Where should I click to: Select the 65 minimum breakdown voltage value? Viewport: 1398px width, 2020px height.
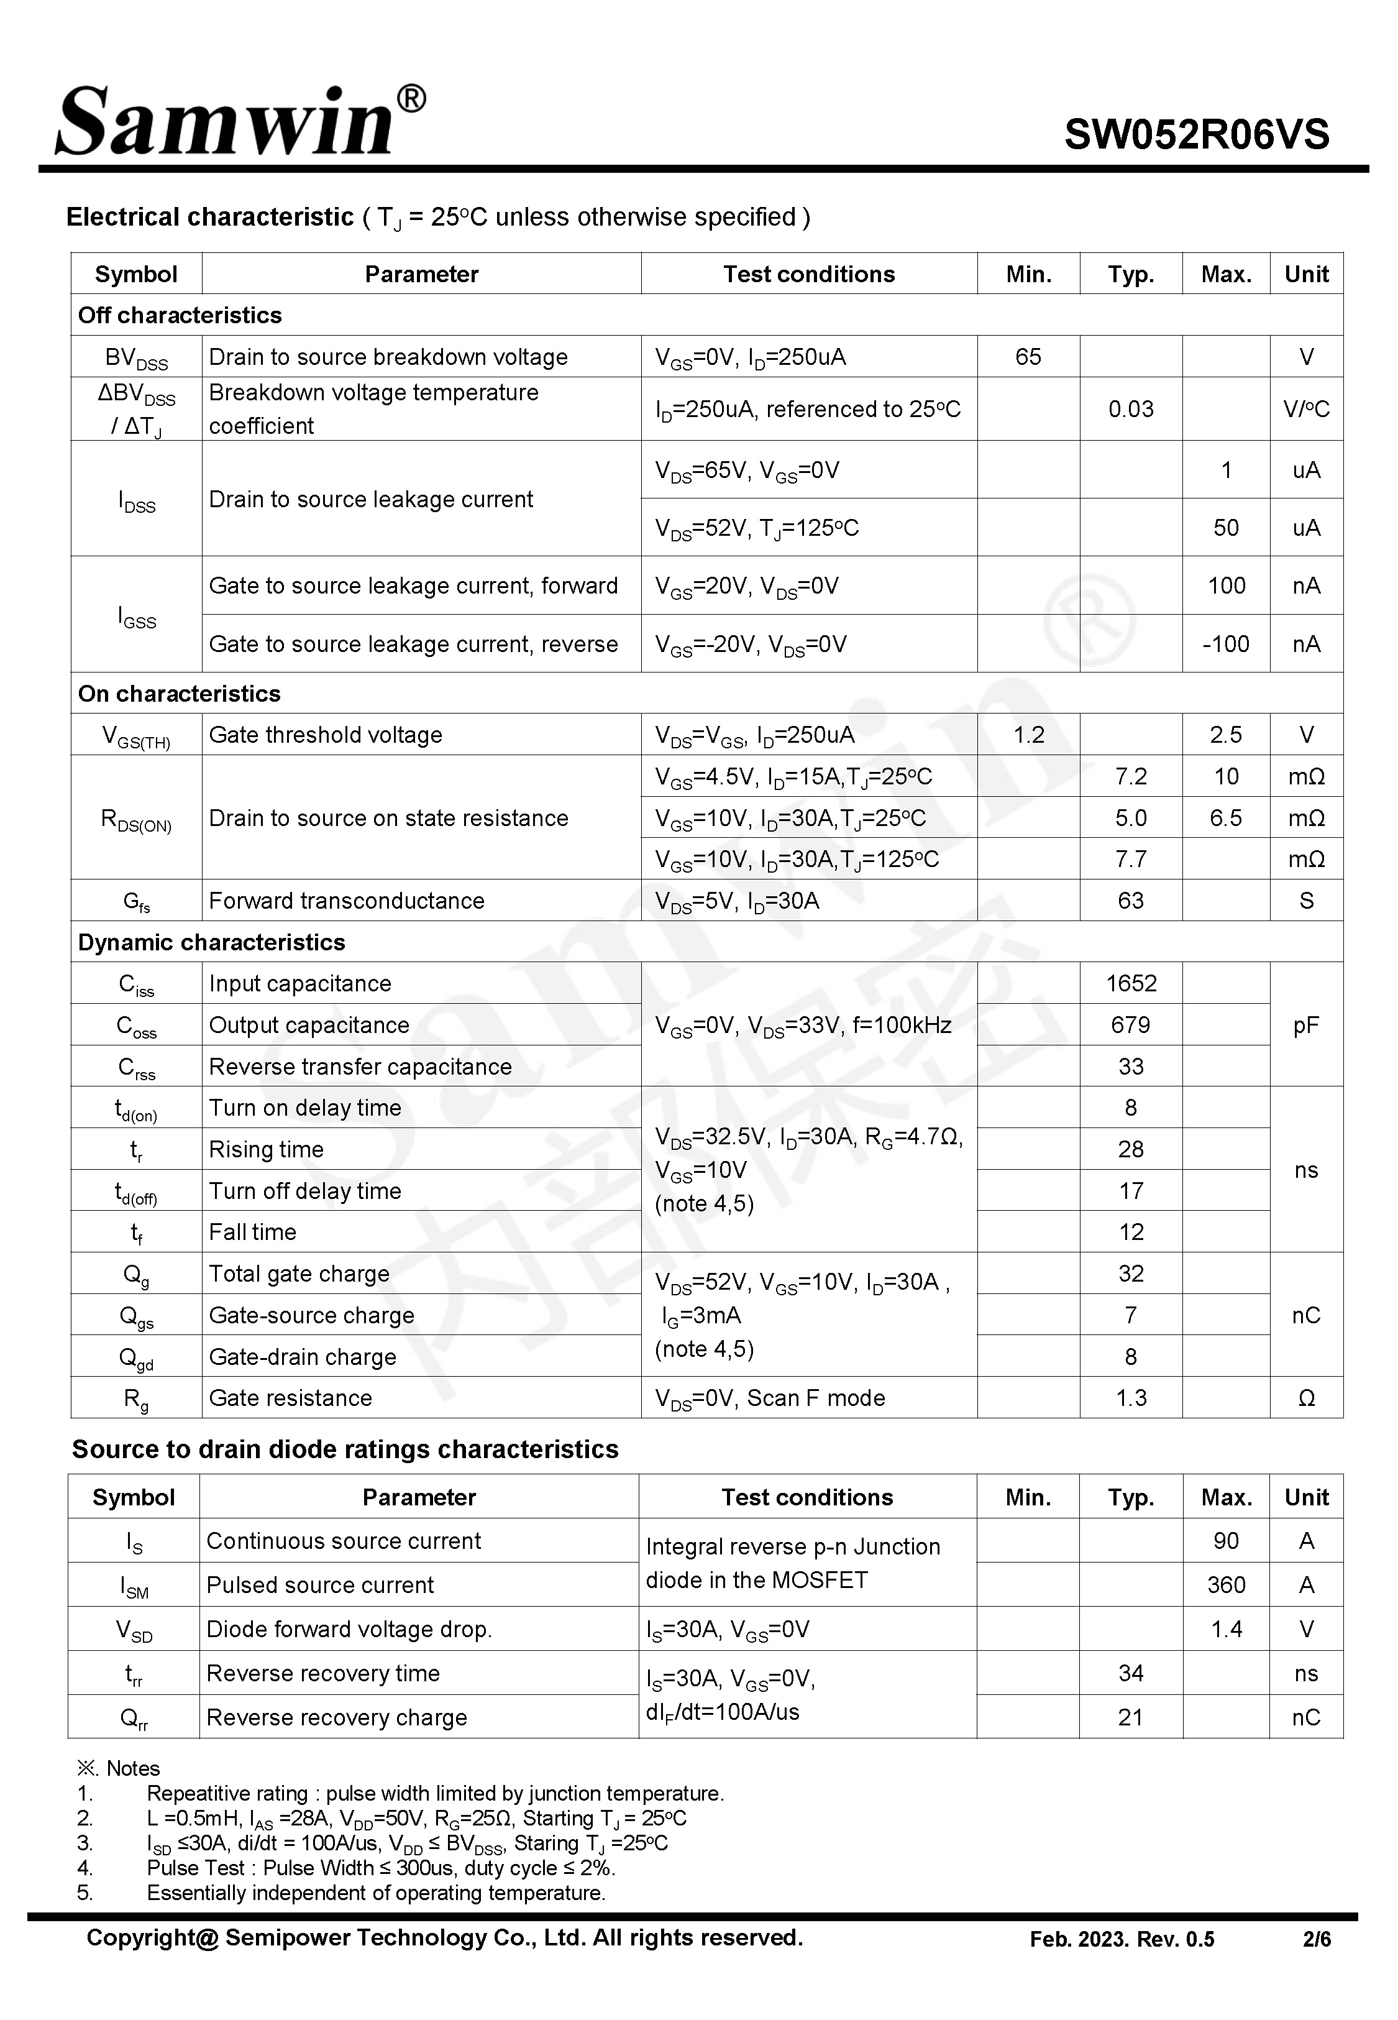[1028, 357]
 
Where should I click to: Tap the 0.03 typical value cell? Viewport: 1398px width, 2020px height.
[1130, 409]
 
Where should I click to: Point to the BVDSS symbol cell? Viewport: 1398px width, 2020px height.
[136, 357]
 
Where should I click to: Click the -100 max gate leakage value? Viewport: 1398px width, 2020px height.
[1225, 644]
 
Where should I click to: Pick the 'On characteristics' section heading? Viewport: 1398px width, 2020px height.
[180, 694]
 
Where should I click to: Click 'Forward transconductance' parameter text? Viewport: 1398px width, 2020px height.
[346, 901]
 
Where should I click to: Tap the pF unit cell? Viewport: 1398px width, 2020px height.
[1305, 1025]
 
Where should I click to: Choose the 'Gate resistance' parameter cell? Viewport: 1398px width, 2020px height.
[290, 1398]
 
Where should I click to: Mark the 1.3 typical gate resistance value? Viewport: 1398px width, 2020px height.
[1131, 1398]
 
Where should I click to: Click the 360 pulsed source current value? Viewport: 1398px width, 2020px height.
[1225, 1585]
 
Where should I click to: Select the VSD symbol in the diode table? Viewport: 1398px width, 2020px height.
[134, 1629]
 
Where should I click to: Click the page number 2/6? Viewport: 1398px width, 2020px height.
[1317, 1939]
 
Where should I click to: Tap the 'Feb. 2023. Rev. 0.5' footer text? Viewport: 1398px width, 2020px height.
[1122, 1939]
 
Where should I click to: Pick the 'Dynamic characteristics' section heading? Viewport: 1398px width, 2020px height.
[212, 942]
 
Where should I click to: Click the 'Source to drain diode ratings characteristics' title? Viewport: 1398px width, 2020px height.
[345, 1449]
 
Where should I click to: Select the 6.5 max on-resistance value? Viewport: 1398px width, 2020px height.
[1225, 818]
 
